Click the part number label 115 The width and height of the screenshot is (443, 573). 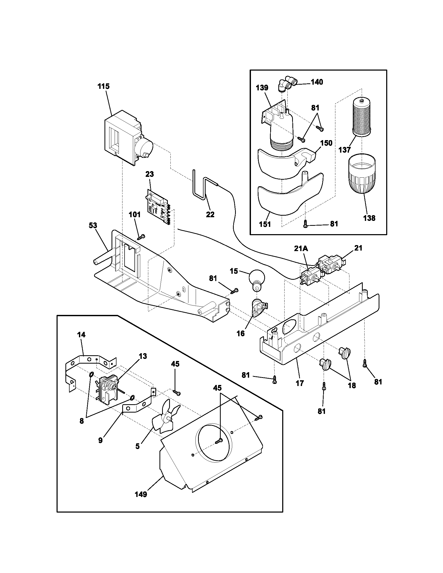click(x=103, y=86)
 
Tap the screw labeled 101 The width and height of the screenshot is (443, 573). click(x=141, y=237)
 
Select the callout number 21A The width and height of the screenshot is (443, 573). click(x=301, y=248)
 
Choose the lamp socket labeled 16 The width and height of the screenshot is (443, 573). click(x=259, y=309)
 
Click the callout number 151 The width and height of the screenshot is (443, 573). click(x=265, y=224)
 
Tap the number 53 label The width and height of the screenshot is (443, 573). click(x=93, y=225)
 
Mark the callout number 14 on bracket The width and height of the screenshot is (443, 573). click(x=81, y=334)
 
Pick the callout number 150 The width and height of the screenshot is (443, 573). click(x=327, y=143)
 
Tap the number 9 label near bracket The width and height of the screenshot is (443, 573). click(x=101, y=440)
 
